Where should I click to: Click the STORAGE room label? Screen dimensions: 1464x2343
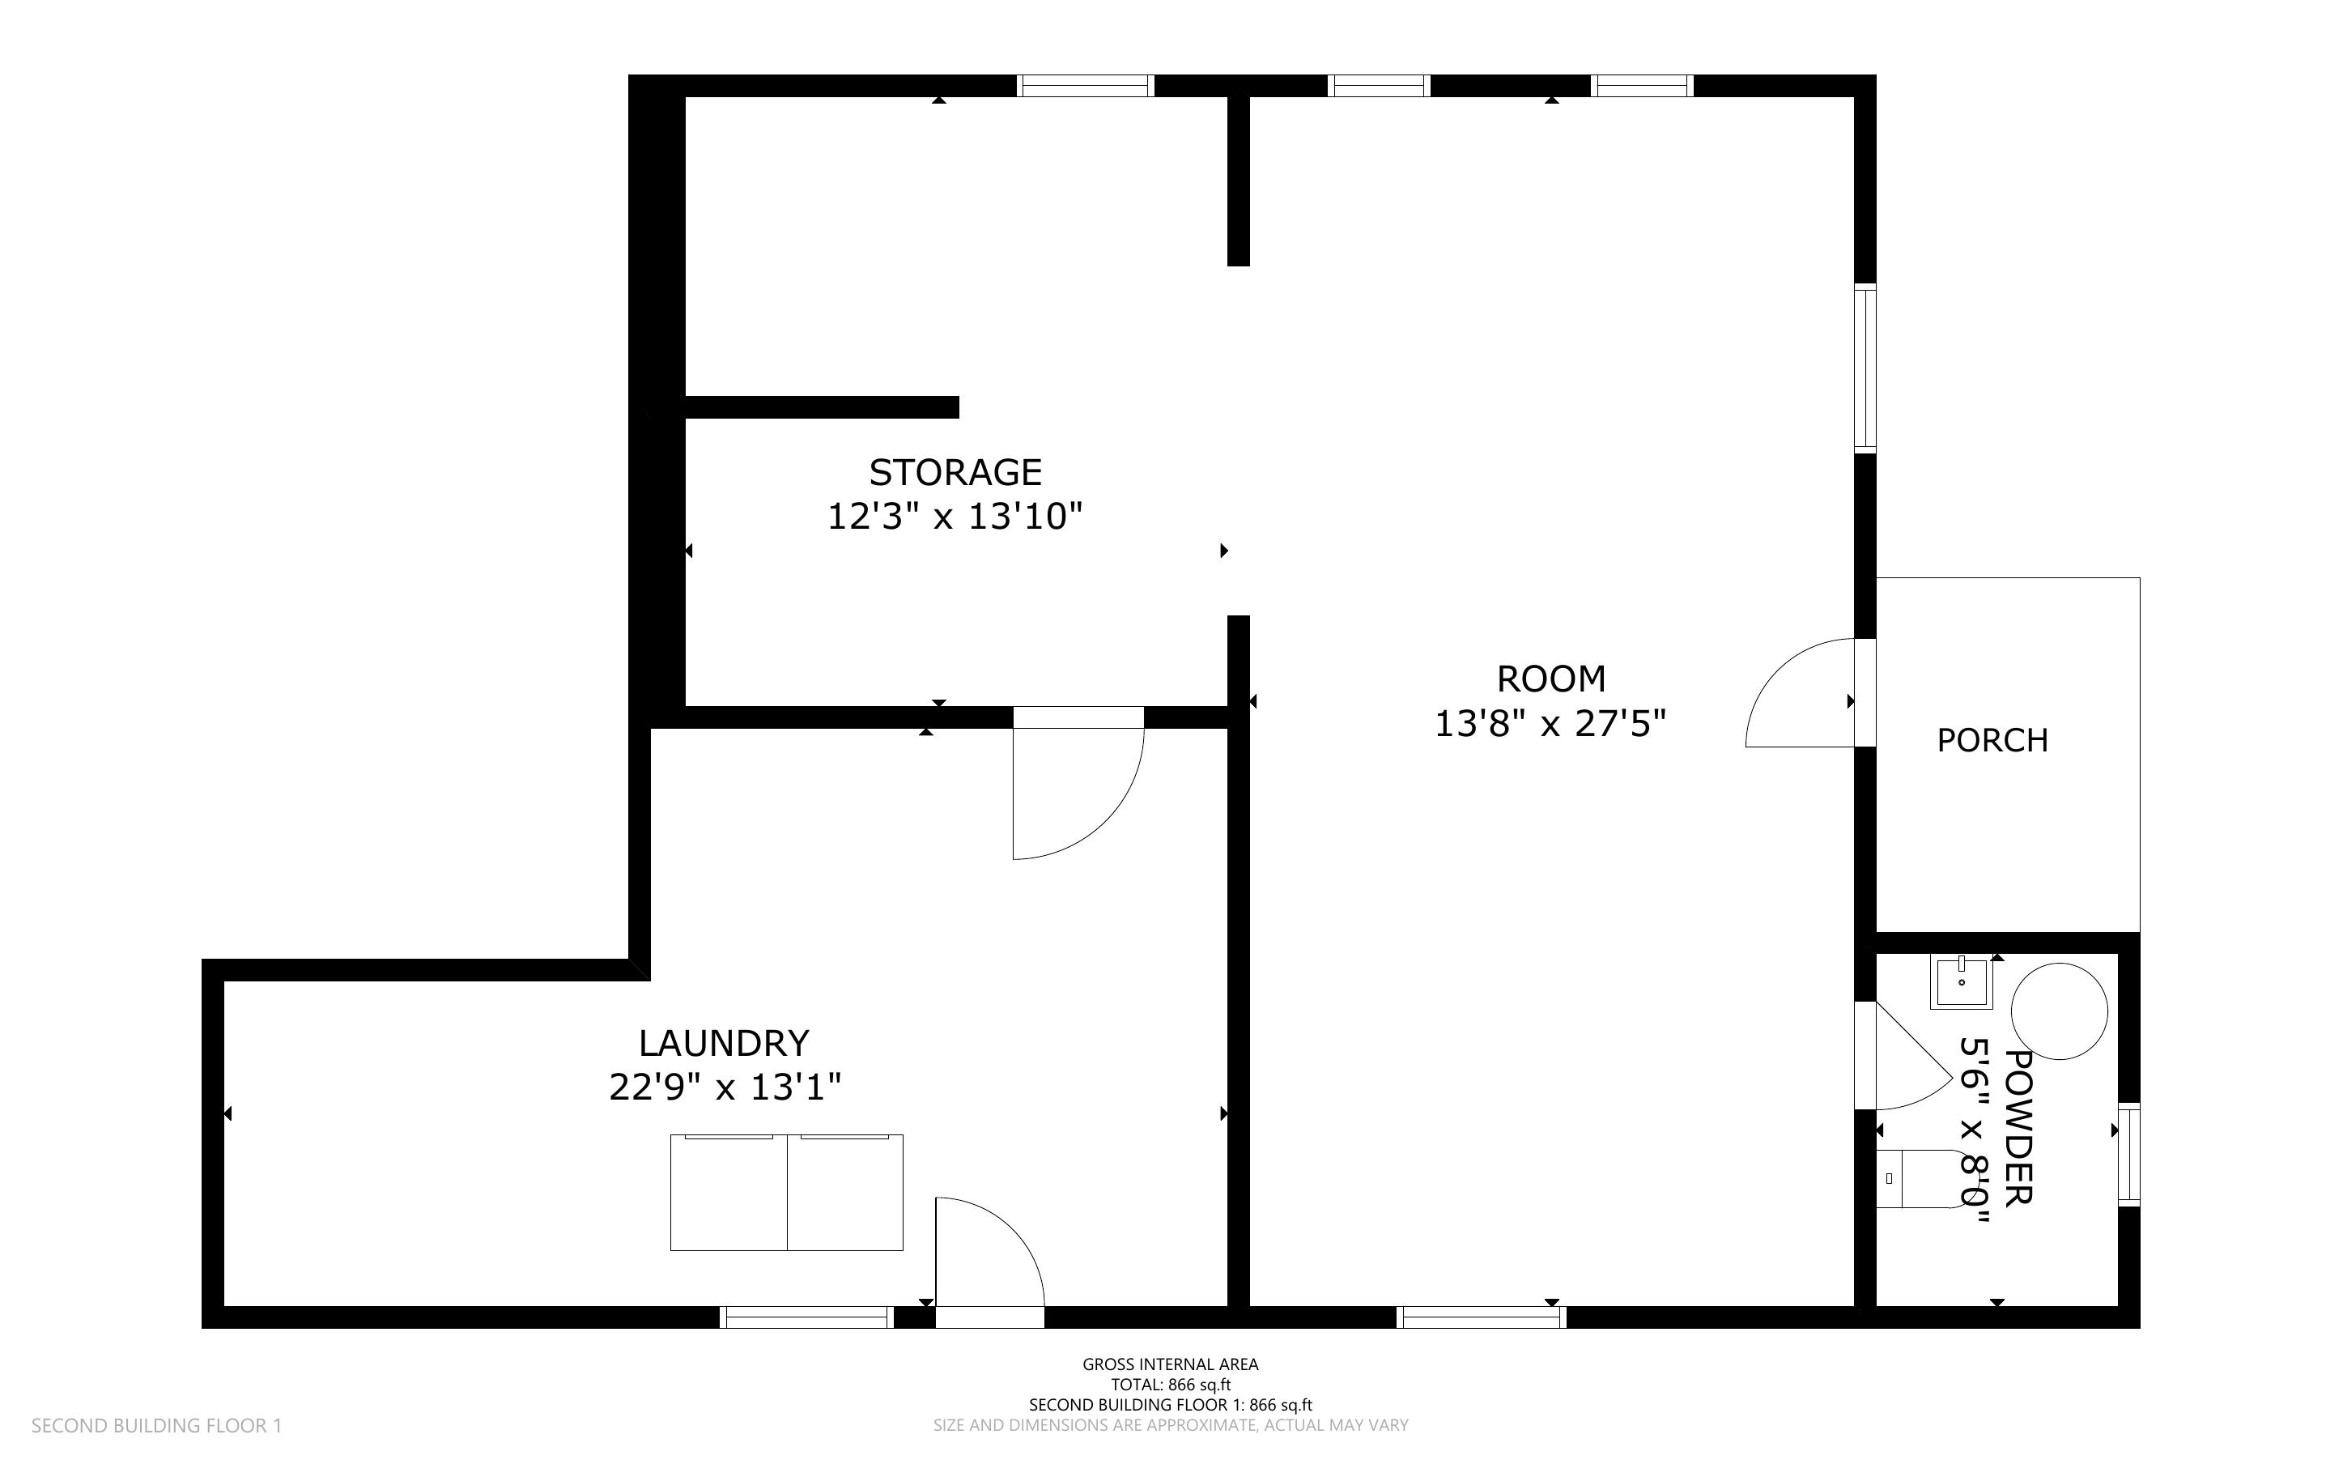pyautogui.click(x=955, y=473)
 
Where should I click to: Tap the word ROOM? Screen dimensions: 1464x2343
pyautogui.click(x=1550, y=679)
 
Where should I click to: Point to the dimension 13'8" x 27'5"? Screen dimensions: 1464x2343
pyautogui.click(x=1550, y=723)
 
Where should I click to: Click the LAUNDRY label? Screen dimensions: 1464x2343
pyautogui.click(x=723, y=1043)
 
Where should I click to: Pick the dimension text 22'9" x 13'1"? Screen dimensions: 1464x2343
pyautogui.click(x=724, y=1087)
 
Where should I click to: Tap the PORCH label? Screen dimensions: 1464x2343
pyautogui.click(x=1992, y=741)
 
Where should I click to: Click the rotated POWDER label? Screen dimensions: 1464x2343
pyautogui.click(x=2018, y=1127)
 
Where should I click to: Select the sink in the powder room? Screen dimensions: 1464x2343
pyautogui.click(x=1960, y=982)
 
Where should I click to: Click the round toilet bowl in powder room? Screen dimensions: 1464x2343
pyautogui.click(x=2059, y=1011)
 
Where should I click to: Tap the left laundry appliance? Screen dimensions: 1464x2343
pyautogui.click(x=729, y=1192)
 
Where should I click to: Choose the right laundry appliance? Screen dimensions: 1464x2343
pyautogui.click(x=845, y=1192)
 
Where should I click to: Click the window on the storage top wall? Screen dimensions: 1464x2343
pyautogui.click(x=1085, y=86)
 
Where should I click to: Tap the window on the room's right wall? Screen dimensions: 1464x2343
pyautogui.click(x=1864, y=368)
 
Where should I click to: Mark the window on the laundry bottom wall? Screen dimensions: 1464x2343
pyautogui.click(x=806, y=1317)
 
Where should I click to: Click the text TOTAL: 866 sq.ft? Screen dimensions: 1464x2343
pyautogui.click(x=1170, y=1385)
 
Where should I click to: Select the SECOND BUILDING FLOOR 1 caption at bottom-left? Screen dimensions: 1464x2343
pyautogui.click(x=157, y=1425)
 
